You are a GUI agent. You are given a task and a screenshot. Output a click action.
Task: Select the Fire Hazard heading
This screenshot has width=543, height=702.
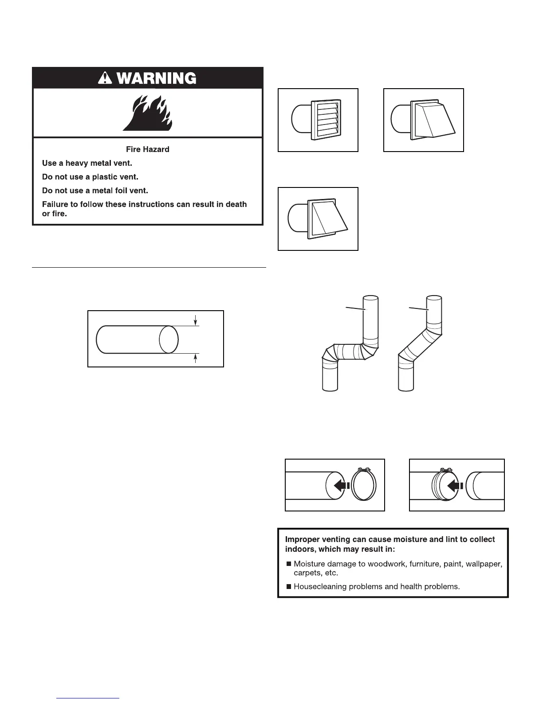coord(148,149)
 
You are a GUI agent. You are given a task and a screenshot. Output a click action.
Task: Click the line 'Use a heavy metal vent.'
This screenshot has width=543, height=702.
coord(87,163)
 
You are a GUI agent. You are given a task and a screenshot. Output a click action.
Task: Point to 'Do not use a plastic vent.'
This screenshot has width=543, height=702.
coord(90,177)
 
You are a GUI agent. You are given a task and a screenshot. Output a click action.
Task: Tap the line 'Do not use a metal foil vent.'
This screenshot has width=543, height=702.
coord(95,191)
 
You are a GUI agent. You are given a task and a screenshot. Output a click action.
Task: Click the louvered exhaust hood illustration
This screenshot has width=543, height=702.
coord(318,120)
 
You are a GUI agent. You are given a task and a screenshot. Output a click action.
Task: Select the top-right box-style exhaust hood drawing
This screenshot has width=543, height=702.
coord(424,120)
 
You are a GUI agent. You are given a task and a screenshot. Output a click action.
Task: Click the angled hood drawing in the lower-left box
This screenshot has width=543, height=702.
coord(318,219)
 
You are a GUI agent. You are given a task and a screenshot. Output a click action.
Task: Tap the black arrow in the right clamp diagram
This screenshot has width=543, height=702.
coord(455,486)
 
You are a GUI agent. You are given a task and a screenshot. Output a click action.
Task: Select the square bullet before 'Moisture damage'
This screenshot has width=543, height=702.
coord(289,564)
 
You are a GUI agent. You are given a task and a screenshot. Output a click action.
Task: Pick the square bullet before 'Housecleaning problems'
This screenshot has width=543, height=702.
coord(289,587)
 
